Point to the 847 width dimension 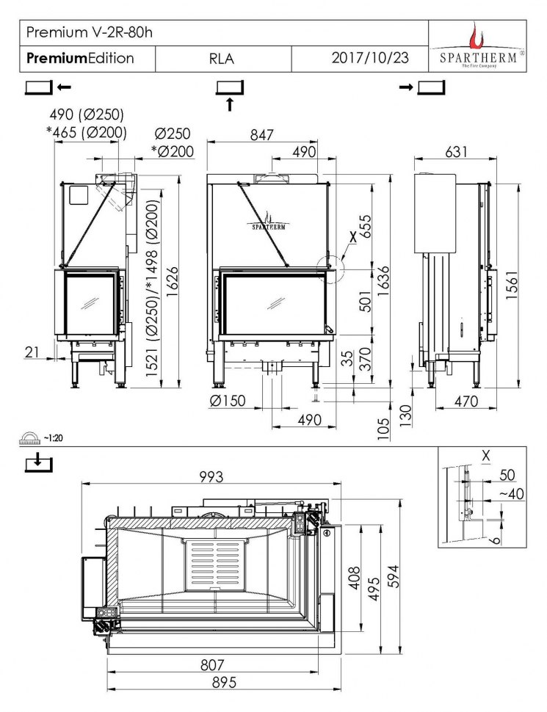[261, 135]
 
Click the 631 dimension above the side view [456, 152]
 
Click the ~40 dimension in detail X [511, 494]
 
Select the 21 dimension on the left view [32, 353]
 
